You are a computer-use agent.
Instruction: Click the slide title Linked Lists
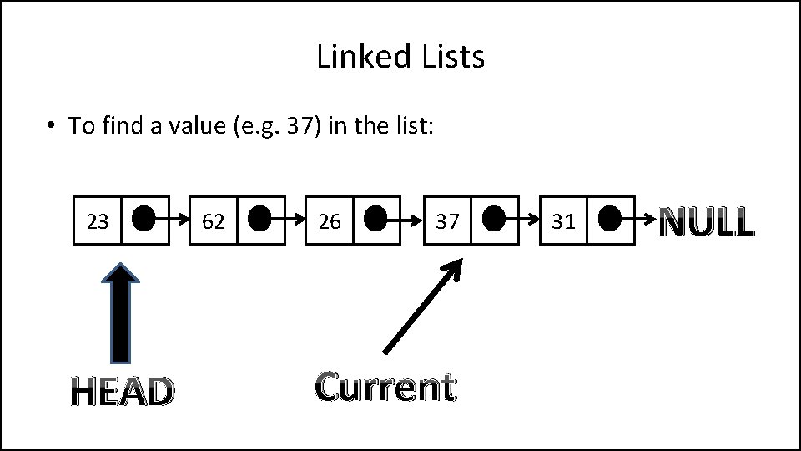[400, 58]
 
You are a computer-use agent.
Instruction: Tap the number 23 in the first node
[98, 221]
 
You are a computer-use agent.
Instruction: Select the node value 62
[214, 221]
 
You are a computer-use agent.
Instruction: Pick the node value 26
[330, 221]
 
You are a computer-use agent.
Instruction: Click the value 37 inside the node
[447, 221]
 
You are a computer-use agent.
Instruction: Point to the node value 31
[564, 221]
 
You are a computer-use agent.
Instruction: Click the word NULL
[707, 222]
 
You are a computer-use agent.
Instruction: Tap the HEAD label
[122, 391]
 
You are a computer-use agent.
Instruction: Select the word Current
[385, 387]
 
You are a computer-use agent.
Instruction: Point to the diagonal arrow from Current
[421, 305]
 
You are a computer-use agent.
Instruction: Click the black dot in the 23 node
[144, 220]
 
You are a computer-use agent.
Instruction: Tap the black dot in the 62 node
[259, 220]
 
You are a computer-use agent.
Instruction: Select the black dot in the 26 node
[375, 220]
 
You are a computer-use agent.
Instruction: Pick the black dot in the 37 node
[493, 220]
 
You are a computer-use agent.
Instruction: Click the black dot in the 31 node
[610, 220]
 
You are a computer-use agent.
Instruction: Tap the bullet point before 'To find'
[51, 126]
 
